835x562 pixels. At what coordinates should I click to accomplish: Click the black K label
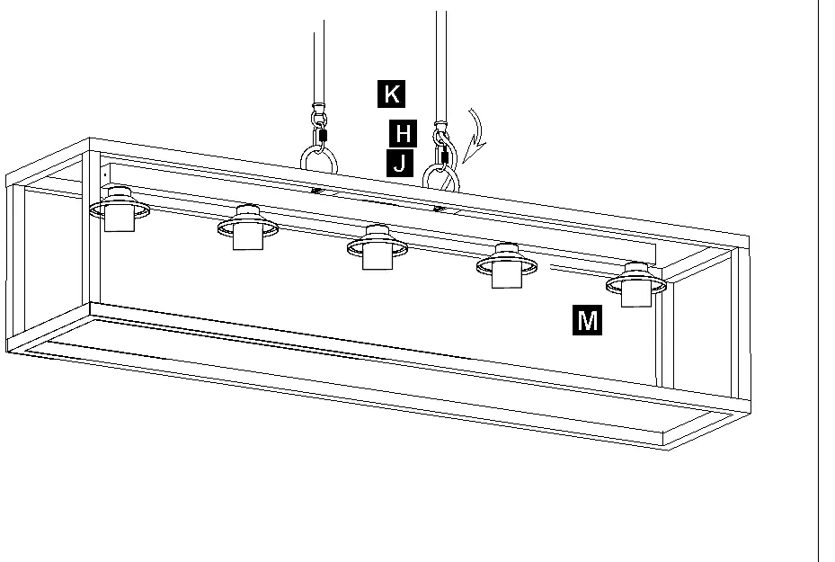tap(391, 94)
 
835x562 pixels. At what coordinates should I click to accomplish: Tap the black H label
tap(404, 133)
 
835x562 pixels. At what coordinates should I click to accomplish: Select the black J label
tap(399, 163)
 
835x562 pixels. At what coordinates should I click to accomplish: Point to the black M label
tap(587, 320)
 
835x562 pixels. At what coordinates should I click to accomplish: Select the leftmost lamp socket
tap(120, 209)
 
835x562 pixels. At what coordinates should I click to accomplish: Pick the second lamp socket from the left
tap(248, 227)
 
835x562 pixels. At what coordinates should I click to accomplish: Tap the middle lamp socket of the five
tap(378, 247)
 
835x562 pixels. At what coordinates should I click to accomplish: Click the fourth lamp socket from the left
tap(506, 266)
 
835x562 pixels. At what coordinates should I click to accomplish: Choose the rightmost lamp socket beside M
tap(635, 284)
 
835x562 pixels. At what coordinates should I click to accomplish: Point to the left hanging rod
tap(319, 63)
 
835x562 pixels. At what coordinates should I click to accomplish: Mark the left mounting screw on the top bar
tap(315, 190)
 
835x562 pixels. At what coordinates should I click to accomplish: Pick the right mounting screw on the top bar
tap(439, 209)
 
